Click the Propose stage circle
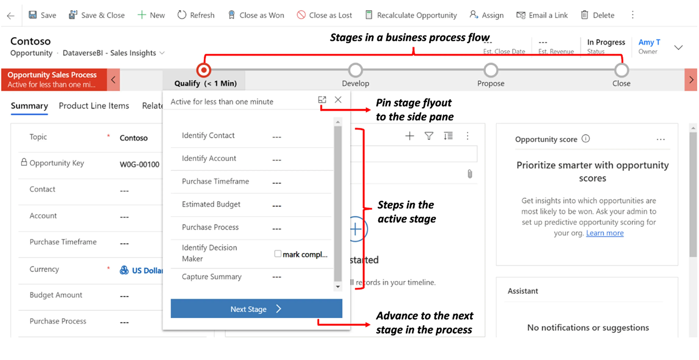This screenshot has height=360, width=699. [x=491, y=70]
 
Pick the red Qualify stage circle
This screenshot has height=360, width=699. [x=204, y=70]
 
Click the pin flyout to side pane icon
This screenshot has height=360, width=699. [x=322, y=100]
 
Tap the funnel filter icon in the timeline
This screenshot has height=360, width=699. [x=429, y=136]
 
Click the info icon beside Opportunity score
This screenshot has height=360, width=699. [x=586, y=139]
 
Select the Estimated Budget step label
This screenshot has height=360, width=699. [x=211, y=204]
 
